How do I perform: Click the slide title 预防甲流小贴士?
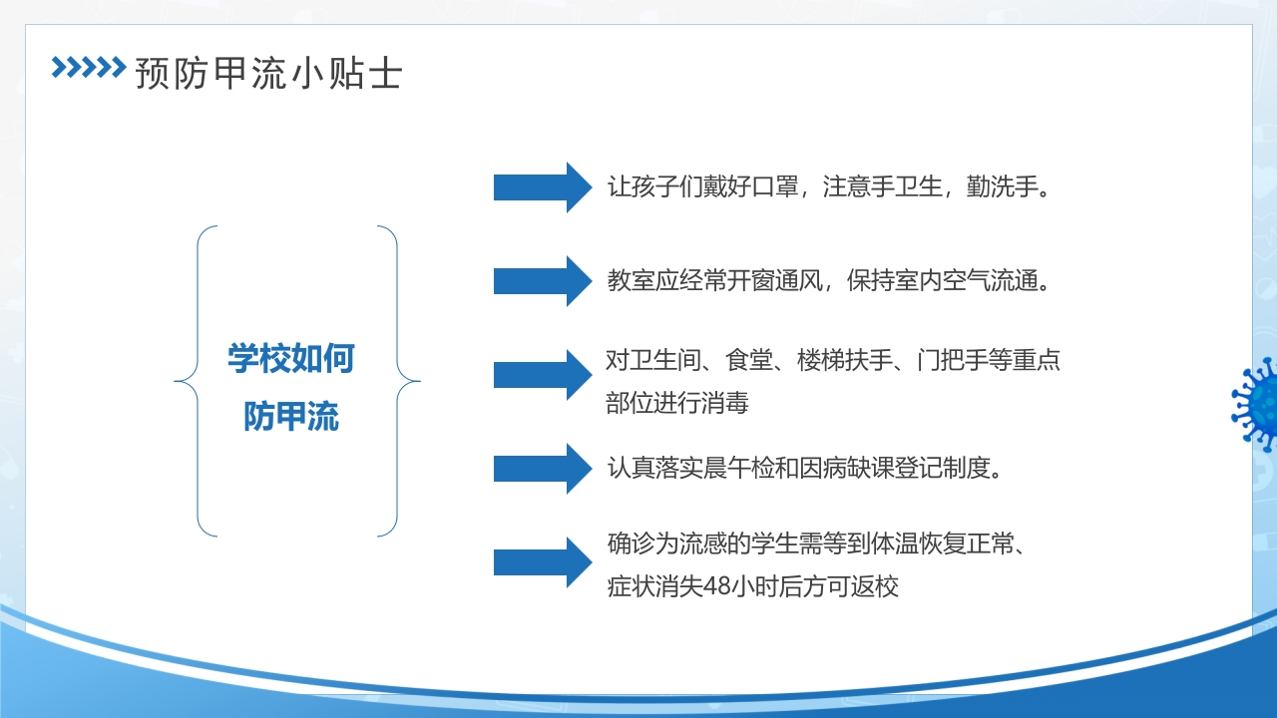point(268,73)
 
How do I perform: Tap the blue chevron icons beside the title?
point(88,67)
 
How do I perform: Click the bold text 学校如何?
point(290,358)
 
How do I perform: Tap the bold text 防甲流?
point(290,417)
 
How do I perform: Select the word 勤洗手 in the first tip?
point(1001,186)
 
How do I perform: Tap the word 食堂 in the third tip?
point(737,360)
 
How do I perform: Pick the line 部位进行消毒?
point(676,403)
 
